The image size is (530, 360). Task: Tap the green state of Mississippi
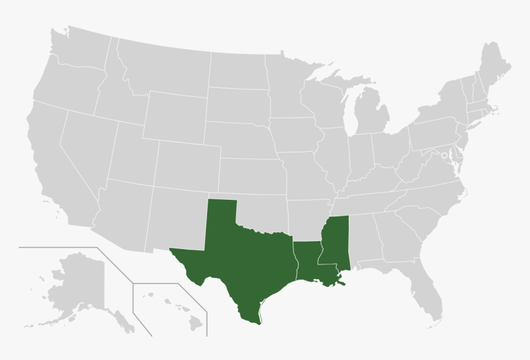coord(336,243)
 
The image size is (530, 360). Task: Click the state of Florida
coord(428,290)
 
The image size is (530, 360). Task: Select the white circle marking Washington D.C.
coord(444,155)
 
